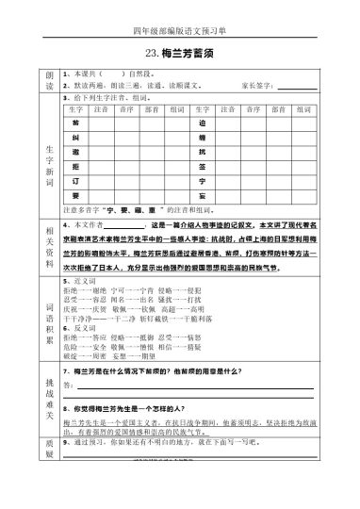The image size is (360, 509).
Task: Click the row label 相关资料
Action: [48, 249]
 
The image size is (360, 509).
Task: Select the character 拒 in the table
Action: [75, 166]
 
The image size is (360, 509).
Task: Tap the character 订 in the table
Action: [75, 180]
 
